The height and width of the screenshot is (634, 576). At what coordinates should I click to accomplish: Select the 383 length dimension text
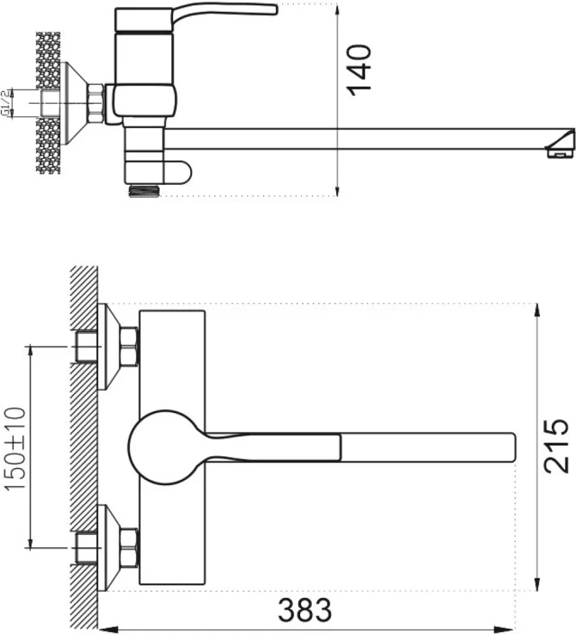tap(305, 610)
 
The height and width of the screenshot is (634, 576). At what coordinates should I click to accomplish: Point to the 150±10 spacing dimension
tap(15, 448)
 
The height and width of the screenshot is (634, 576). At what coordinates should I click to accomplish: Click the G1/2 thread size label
tap(6, 103)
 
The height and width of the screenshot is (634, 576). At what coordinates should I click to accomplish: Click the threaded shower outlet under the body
tap(144, 191)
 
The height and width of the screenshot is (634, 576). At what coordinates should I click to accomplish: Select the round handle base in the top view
tap(166, 447)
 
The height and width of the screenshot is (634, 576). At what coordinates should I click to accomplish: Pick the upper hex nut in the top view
tap(129, 347)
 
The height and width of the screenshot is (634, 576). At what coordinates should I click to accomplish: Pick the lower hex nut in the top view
tap(129, 548)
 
